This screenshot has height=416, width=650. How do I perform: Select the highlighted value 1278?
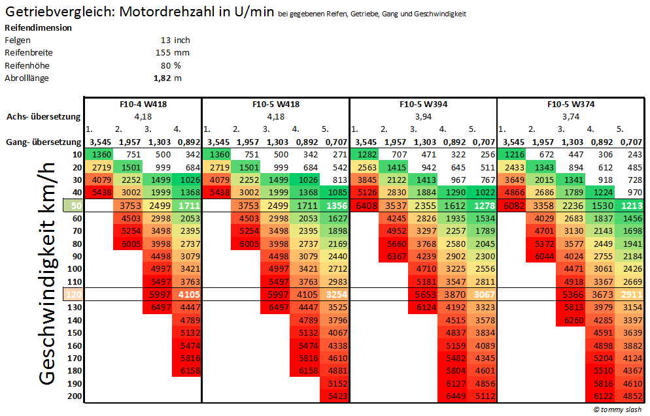click(x=483, y=206)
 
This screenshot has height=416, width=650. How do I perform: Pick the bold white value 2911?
click(x=631, y=295)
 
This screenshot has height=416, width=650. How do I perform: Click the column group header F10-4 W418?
click(x=143, y=104)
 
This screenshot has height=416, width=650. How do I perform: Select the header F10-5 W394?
click(x=423, y=104)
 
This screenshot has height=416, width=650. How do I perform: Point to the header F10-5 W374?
click(x=571, y=104)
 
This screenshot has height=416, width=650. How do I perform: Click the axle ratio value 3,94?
click(x=423, y=116)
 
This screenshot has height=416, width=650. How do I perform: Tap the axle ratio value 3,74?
click(x=571, y=116)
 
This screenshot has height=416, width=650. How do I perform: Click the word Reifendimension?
click(x=38, y=28)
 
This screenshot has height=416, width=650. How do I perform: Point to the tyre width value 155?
click(x=163, y=53)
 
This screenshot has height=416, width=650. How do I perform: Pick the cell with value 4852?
click(x=631, y=396)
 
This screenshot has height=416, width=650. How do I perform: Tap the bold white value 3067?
click(x=483, y=295)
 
